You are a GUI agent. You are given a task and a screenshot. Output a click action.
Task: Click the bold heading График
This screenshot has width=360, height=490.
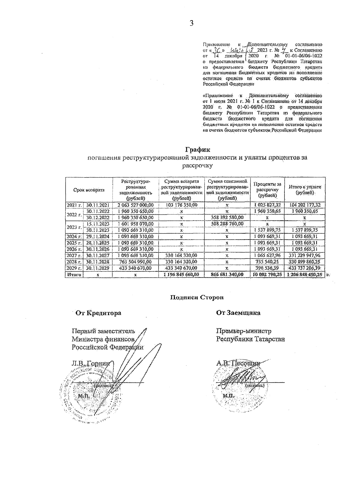[197, 149]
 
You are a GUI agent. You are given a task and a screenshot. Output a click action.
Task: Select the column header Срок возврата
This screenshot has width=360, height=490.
[89, 190]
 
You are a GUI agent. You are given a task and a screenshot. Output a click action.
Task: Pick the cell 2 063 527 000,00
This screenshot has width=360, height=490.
[136, 205]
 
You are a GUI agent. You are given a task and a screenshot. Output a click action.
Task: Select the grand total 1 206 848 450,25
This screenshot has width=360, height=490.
[305, 274]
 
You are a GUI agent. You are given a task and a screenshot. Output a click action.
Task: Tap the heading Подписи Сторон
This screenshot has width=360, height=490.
[197, 297]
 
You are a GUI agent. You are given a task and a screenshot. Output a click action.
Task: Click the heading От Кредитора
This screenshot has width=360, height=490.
[98, 313]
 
